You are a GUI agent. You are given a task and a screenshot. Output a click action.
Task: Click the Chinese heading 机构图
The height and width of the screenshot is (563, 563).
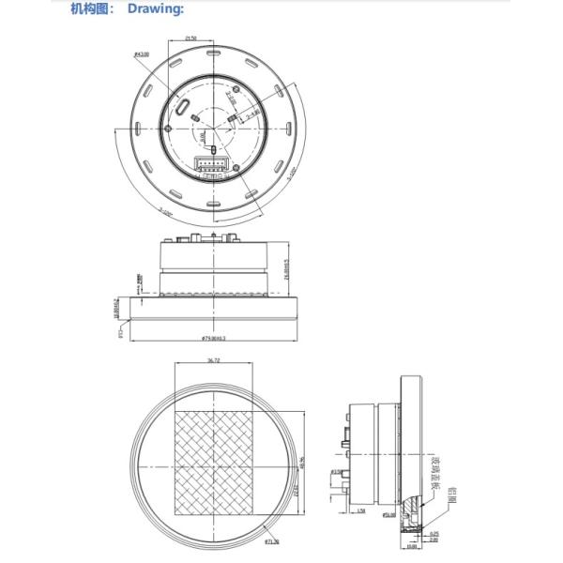(90, 9)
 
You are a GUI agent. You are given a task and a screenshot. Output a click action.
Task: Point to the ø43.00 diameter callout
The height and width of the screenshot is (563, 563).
(143, 54)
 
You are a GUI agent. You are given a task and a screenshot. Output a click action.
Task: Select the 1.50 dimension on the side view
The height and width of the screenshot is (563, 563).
(361, 511)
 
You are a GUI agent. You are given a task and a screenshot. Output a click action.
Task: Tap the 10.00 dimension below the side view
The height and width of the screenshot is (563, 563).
(412, 546)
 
